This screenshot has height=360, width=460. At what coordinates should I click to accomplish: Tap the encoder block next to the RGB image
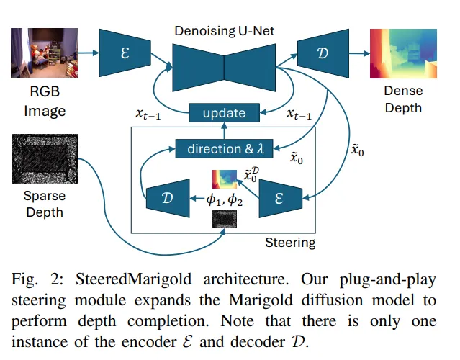point(125,53)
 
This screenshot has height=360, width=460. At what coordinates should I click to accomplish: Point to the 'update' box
point(224,113)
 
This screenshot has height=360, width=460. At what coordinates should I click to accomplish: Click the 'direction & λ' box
point(225,149)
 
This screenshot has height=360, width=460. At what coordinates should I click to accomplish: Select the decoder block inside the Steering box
point(168,197)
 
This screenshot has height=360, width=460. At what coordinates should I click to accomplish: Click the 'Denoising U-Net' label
point(224,31)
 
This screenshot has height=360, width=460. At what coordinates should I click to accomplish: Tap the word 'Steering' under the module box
point(291,242)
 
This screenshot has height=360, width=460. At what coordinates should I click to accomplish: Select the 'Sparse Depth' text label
point(45,203)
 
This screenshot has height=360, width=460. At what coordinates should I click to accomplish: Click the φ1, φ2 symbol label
point(224,199)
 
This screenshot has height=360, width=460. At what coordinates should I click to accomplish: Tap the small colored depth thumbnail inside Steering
point(224,179)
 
